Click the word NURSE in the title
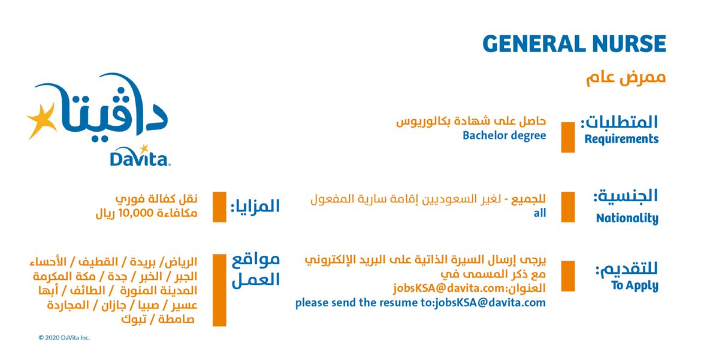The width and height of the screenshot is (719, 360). (x=630, y=44)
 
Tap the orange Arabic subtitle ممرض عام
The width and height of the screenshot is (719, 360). (x=626, y=78)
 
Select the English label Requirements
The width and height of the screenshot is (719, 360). (x=621, y=139)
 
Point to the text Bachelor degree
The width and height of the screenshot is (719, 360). (x=504, y=135)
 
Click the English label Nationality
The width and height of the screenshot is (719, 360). (x=627, y=218)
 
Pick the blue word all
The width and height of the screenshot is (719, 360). (x=540, y=213)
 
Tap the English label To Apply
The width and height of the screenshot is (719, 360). (x=635, y=286)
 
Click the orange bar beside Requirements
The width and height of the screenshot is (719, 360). (x=568, y=137)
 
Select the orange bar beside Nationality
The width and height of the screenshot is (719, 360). (x=568, y=207)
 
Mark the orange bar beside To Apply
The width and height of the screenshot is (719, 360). (x=568, y=276)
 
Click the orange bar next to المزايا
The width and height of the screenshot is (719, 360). (x=219, y=207)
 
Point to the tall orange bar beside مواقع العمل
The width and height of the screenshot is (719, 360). (x=219, y=290)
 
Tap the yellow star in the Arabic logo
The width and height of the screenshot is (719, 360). (x=42, y=121)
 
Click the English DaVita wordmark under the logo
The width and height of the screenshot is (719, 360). (x=140, y=157)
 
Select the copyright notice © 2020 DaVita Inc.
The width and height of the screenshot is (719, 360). (x=64, y=338)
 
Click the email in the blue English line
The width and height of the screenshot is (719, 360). (x=490, y=303)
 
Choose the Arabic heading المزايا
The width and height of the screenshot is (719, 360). (x=255, y=206)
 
